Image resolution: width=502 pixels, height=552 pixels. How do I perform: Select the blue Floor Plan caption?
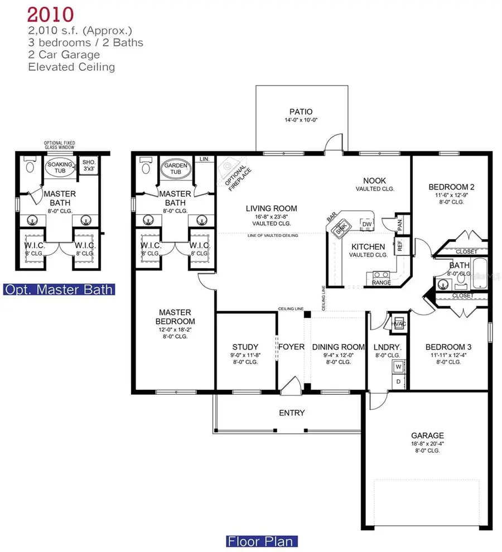click(x=262, y=540)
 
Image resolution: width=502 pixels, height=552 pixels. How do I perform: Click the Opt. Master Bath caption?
click(x=59, y=289)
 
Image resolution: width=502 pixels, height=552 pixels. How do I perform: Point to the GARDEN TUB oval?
click(x=176, y=168)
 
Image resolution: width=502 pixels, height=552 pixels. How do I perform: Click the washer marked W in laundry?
click(x=398, y=367)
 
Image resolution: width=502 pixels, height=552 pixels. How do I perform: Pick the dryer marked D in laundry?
click(x=398, y=381)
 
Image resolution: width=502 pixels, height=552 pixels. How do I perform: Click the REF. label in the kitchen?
click(x=400, y=244)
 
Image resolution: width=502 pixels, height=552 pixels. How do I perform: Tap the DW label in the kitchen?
click(x=367, y=224)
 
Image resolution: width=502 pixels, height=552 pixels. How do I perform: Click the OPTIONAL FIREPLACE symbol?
click(x=230, y=172)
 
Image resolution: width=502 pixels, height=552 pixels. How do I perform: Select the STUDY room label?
click(x=245, y=346)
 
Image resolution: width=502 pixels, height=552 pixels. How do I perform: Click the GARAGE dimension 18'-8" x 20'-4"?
click(x=427, y=444)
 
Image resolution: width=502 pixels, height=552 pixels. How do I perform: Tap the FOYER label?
click(x=292, y=347)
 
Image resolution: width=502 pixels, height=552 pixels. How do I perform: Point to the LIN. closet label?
click(x=205, y=159)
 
